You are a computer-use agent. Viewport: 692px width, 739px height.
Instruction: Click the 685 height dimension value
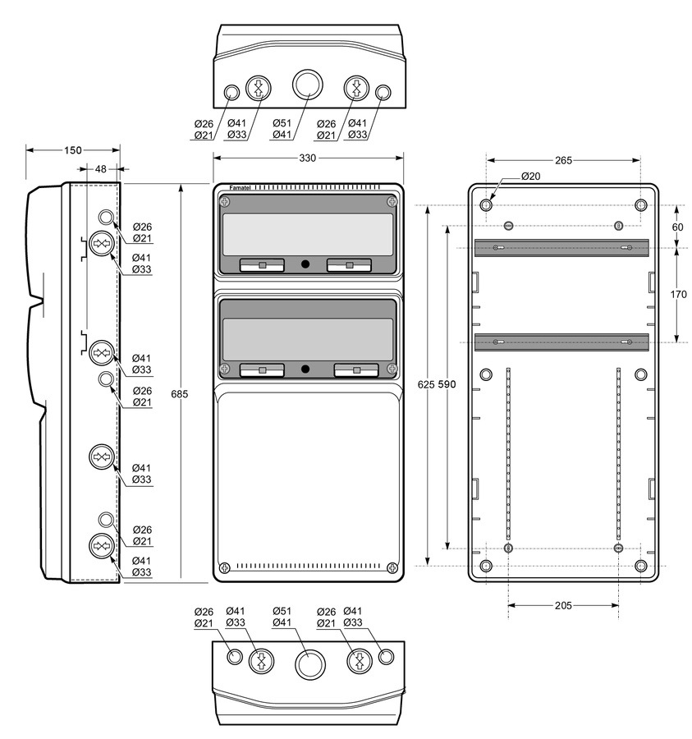tap(180, 393)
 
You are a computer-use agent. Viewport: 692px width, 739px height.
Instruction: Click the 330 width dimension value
tap(308, 158)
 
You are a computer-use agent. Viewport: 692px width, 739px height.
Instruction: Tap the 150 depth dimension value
tap(73, 150)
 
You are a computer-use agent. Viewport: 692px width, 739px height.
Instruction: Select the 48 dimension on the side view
tap(101, 168)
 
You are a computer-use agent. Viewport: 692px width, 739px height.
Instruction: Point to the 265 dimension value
tap(563, 160)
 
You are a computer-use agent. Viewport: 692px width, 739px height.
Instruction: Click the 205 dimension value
tap(563, 605)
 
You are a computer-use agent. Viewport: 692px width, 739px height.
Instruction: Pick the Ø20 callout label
tap(531, 177)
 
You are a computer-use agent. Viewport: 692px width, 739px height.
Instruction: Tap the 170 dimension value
tap(678, 295)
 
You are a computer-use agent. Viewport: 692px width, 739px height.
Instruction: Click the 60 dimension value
tap(677, 227)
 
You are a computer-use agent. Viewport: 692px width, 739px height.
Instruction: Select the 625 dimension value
tap(426, 384)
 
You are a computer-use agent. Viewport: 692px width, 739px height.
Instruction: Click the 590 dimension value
tap(447, 384)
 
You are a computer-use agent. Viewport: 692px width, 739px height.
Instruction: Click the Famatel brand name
tap(240, 188)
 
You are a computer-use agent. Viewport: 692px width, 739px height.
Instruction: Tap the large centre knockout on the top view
tap(308, 85)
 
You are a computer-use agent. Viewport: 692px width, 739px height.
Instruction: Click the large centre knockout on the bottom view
tap(310, 664)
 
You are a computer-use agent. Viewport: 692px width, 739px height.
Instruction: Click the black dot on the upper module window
tap(305, 264)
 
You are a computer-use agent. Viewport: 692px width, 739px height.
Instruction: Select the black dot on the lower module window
tap(305, 369)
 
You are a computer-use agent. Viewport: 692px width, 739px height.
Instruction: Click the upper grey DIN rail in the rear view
tap(561, 248)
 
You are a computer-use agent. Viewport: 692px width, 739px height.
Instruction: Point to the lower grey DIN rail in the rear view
tap(561, 342)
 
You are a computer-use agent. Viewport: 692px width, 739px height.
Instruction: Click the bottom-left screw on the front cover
tap(225, 567)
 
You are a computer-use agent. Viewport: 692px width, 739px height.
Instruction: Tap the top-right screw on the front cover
tap(392, 202)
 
